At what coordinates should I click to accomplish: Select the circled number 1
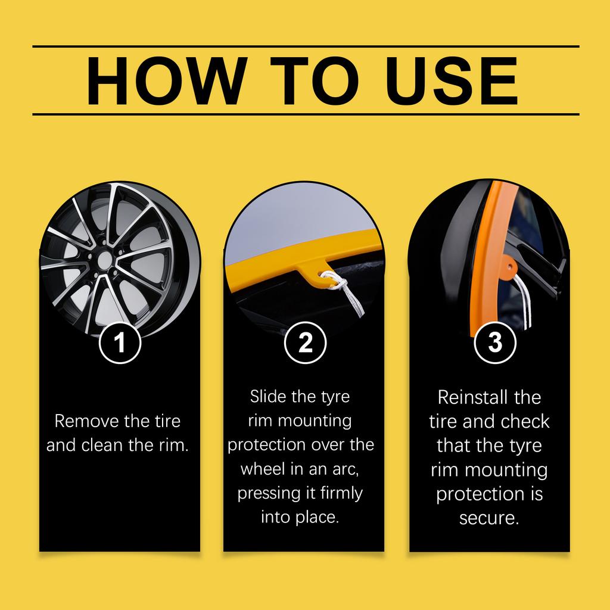pos(120,343)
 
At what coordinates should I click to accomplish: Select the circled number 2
pos(305,343)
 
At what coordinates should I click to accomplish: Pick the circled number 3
pos(494,343)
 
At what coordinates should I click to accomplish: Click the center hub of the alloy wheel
pos(104,260)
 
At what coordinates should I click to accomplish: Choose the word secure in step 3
pos(488,518)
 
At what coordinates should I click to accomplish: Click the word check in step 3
pos(525,422)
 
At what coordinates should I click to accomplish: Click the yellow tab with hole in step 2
pos(315,272)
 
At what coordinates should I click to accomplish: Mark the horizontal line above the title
pos(305,46)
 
